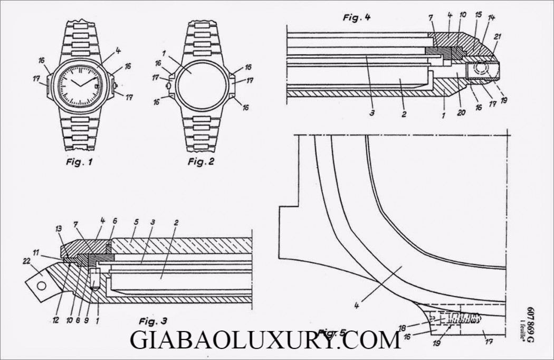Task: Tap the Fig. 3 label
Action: tap(153, 320)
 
